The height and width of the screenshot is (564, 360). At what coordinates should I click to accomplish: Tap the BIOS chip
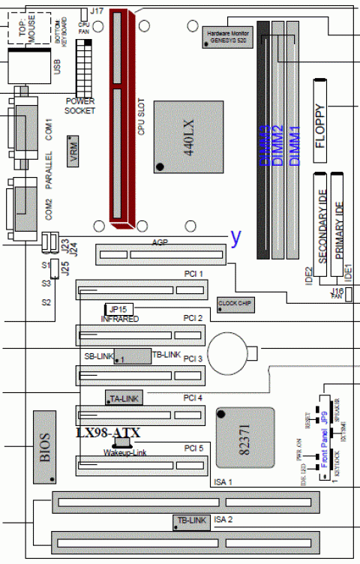click(x=45, y=447)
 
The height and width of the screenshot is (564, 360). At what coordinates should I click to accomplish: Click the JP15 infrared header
click(x=115, y=309)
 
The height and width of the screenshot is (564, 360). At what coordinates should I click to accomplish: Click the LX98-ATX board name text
click(x=109, y=433)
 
